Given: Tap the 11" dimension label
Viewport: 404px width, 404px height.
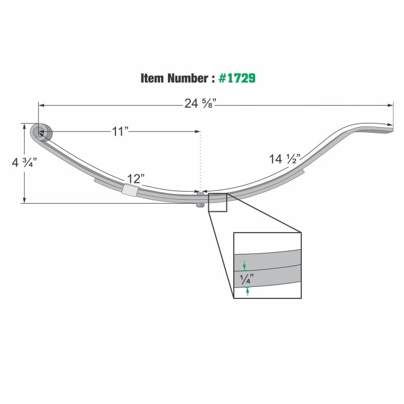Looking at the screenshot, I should pos(119,132).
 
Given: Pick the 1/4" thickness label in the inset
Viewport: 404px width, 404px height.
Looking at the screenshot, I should pos(246,279).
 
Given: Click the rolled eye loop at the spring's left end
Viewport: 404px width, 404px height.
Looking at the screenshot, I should pos(40,133).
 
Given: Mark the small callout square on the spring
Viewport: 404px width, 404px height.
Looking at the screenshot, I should pos(218,203).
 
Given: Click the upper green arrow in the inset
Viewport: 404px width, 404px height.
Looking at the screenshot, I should pos(245,266).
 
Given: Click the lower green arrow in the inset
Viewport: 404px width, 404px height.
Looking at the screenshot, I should pos(248,291).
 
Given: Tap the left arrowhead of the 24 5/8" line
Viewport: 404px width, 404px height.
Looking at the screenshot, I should pos(41,104).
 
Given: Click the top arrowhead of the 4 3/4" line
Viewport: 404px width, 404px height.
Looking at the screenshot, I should pos(24,125).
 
